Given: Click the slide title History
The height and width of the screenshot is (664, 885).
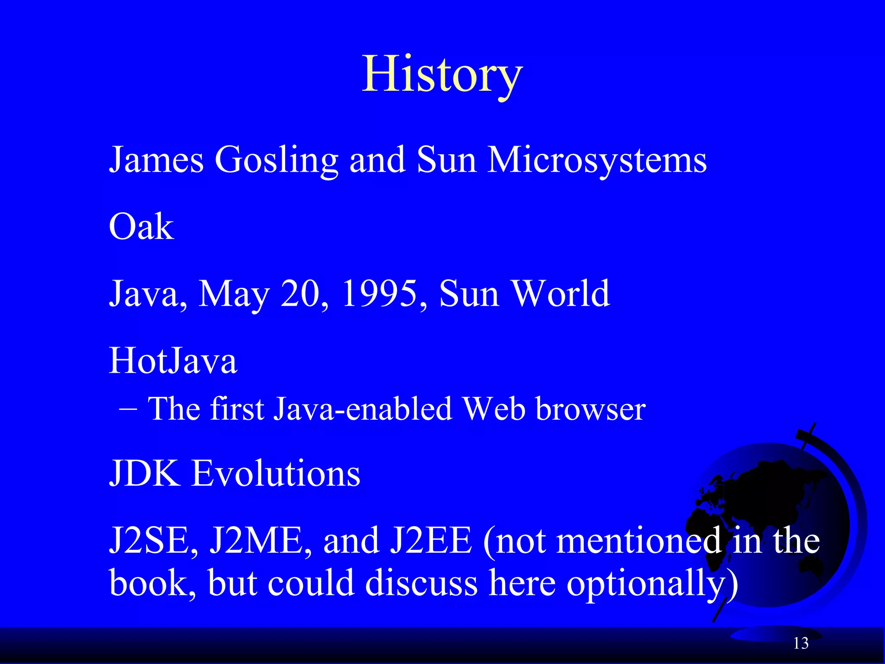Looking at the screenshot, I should tap(442, 74).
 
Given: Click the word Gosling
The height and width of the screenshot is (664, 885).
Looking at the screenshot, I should tap(276, 160).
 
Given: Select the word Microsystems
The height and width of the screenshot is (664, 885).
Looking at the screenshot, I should tap(597, 160).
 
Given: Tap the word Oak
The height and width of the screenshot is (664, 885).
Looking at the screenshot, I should tap(141, 227).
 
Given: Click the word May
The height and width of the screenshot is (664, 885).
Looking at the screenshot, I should tap(234, 295).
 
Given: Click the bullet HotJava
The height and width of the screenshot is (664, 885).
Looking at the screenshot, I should tap(173, 361).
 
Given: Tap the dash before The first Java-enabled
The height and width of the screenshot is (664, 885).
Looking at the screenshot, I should tap(127, 409).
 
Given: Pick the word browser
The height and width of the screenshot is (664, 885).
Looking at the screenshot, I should tap(590, 409).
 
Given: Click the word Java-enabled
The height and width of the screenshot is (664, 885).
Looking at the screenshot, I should tap(363, 409).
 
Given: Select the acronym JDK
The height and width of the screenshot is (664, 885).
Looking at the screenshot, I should tap(144, 473).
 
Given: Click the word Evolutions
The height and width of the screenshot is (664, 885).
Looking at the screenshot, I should tap(276, 473).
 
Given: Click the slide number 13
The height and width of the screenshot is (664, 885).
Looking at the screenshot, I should tap(801, 644).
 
